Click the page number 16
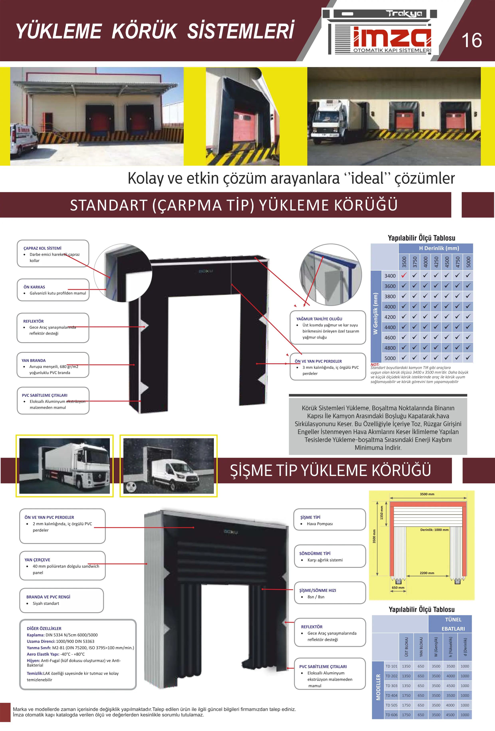[471, 41]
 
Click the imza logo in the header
[392, 38]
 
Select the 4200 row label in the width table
[390, 317]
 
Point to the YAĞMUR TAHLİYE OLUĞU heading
[319, 319]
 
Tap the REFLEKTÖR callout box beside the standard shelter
[53, 328]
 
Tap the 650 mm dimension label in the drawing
[398, 588]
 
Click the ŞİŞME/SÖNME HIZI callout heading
[317, 590]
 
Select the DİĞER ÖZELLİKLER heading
[44, 628]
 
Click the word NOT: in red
[375, 365]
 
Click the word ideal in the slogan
[368, 178]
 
